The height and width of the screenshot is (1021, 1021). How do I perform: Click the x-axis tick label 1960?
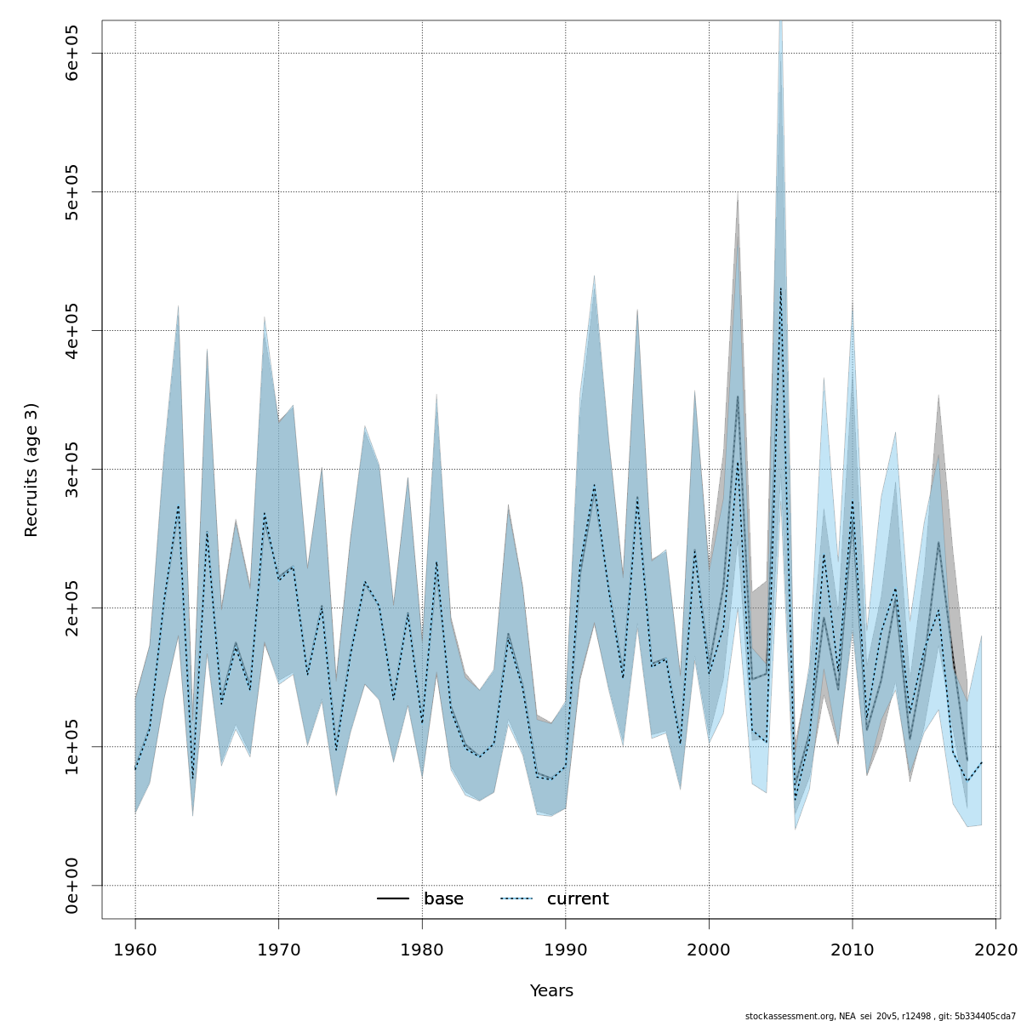pos(135,949)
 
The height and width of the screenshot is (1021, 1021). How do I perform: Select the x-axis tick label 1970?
pos(278,949)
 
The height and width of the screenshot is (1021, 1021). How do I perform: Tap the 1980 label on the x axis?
pos(422,949)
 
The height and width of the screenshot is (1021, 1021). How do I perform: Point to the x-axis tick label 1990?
pos(566,949)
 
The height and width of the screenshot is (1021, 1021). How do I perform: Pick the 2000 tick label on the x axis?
pos(709,949)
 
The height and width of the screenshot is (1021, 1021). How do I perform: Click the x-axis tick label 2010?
pos(853,949)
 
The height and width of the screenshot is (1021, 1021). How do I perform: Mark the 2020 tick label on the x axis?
pos(996,949)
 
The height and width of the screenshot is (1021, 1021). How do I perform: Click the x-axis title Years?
pos(551,991)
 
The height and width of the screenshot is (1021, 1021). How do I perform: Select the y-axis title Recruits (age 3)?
pos(31,470)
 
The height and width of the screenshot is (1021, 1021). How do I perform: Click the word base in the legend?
pos(443,899)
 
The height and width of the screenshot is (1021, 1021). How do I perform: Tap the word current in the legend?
pos(578,899)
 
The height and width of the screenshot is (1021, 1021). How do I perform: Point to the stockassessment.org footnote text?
pos(880,1016)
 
